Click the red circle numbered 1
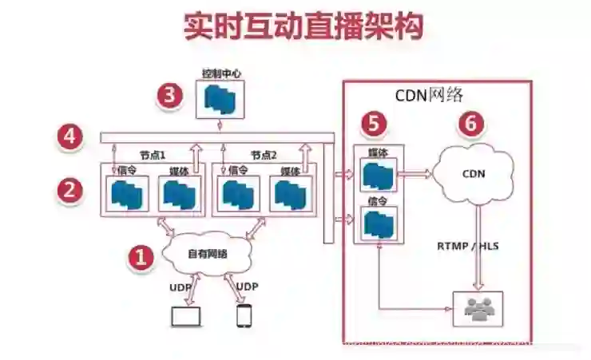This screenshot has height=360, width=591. click(141, 257)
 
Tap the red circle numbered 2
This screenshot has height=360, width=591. click(70, 190)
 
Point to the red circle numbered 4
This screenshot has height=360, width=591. click(70, 137)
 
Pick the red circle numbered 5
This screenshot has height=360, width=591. click(374, 124)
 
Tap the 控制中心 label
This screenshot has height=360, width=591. click(220, 73)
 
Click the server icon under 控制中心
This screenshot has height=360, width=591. click(220, 98)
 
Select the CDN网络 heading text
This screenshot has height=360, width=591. click(429, 95)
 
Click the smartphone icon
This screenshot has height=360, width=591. click(244, 315)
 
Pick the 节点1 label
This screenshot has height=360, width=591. click(152, 155)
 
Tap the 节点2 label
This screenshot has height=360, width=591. click(263, 155)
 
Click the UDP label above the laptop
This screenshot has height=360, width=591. click(180, 287)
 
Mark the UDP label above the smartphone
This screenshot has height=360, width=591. click(248, 287)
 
